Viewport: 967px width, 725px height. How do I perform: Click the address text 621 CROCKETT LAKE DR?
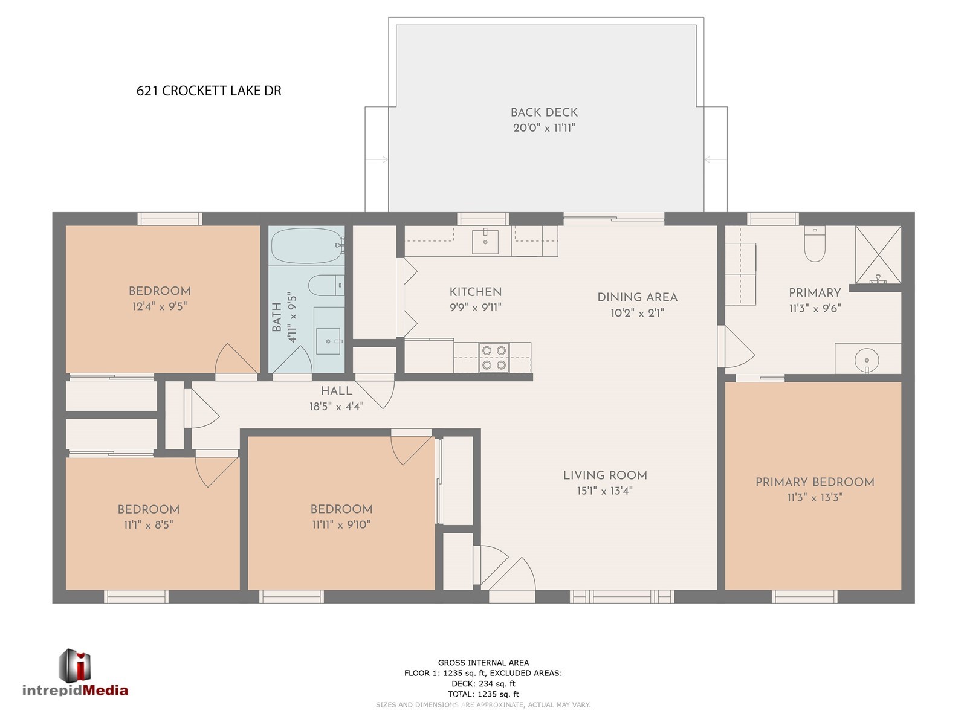pyautogui.click(x=209, y=91)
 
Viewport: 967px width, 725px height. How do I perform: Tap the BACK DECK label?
pyautogui.click(x=544, y=112)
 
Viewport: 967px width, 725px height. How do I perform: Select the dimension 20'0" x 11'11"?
pyautogui.click(x=544, y=127)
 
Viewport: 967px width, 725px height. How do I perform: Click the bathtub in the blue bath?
pyautogui.click(x=307, y=246)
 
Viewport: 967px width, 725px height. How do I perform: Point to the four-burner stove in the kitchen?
pyautogui.click(x=494, y=358)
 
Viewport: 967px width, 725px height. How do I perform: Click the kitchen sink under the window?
pyautogui.click(x=485, y=241)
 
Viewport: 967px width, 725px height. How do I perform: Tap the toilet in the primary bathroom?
pyautogui.click(x=815, y=244)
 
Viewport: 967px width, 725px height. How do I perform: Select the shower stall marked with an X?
pyautogui.click(x=878, y=254)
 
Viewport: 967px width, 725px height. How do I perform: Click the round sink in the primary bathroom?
pyautogui.click(x=867, y=360)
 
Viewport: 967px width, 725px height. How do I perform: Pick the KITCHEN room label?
pyautogui.click(x=476, y=292)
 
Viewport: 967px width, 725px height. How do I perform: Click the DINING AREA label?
pyautogui.click(x=638, y=297)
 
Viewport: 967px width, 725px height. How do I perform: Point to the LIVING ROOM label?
pyautogui.click(x=605, y=475)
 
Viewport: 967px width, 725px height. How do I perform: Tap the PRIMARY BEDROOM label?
pyautogui.click(x=815, y=482)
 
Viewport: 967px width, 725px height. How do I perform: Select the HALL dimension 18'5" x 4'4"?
pyautogui.click(x=336, y=406)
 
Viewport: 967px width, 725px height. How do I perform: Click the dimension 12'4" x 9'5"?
pyautogui.click(x=160, y=306)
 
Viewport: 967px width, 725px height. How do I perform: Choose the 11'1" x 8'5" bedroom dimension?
pyautogui.click(x=149, y=524)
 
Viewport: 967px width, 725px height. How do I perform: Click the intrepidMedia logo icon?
pyautogui.click(x=75, y=666)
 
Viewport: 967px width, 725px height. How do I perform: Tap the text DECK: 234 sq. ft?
pyautogui.click(x=483, y=684)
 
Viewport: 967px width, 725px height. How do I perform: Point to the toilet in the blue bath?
pyautogui.click(x=326, y=285)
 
